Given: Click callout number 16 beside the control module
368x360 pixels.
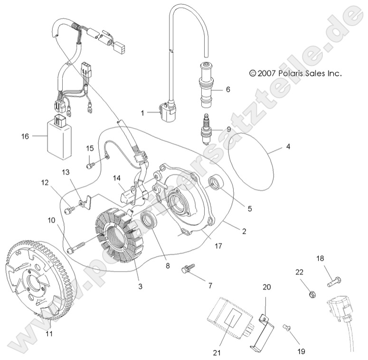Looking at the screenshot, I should click(x=25, y=136).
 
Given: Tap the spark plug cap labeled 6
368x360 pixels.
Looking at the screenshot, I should click(x=208, y=83).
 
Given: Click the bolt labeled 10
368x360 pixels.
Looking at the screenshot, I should click(x=77, y=247).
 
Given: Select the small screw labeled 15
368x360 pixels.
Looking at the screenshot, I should click(x=90, y=165).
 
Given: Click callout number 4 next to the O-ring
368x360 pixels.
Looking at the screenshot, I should click(x=288, y=147).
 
